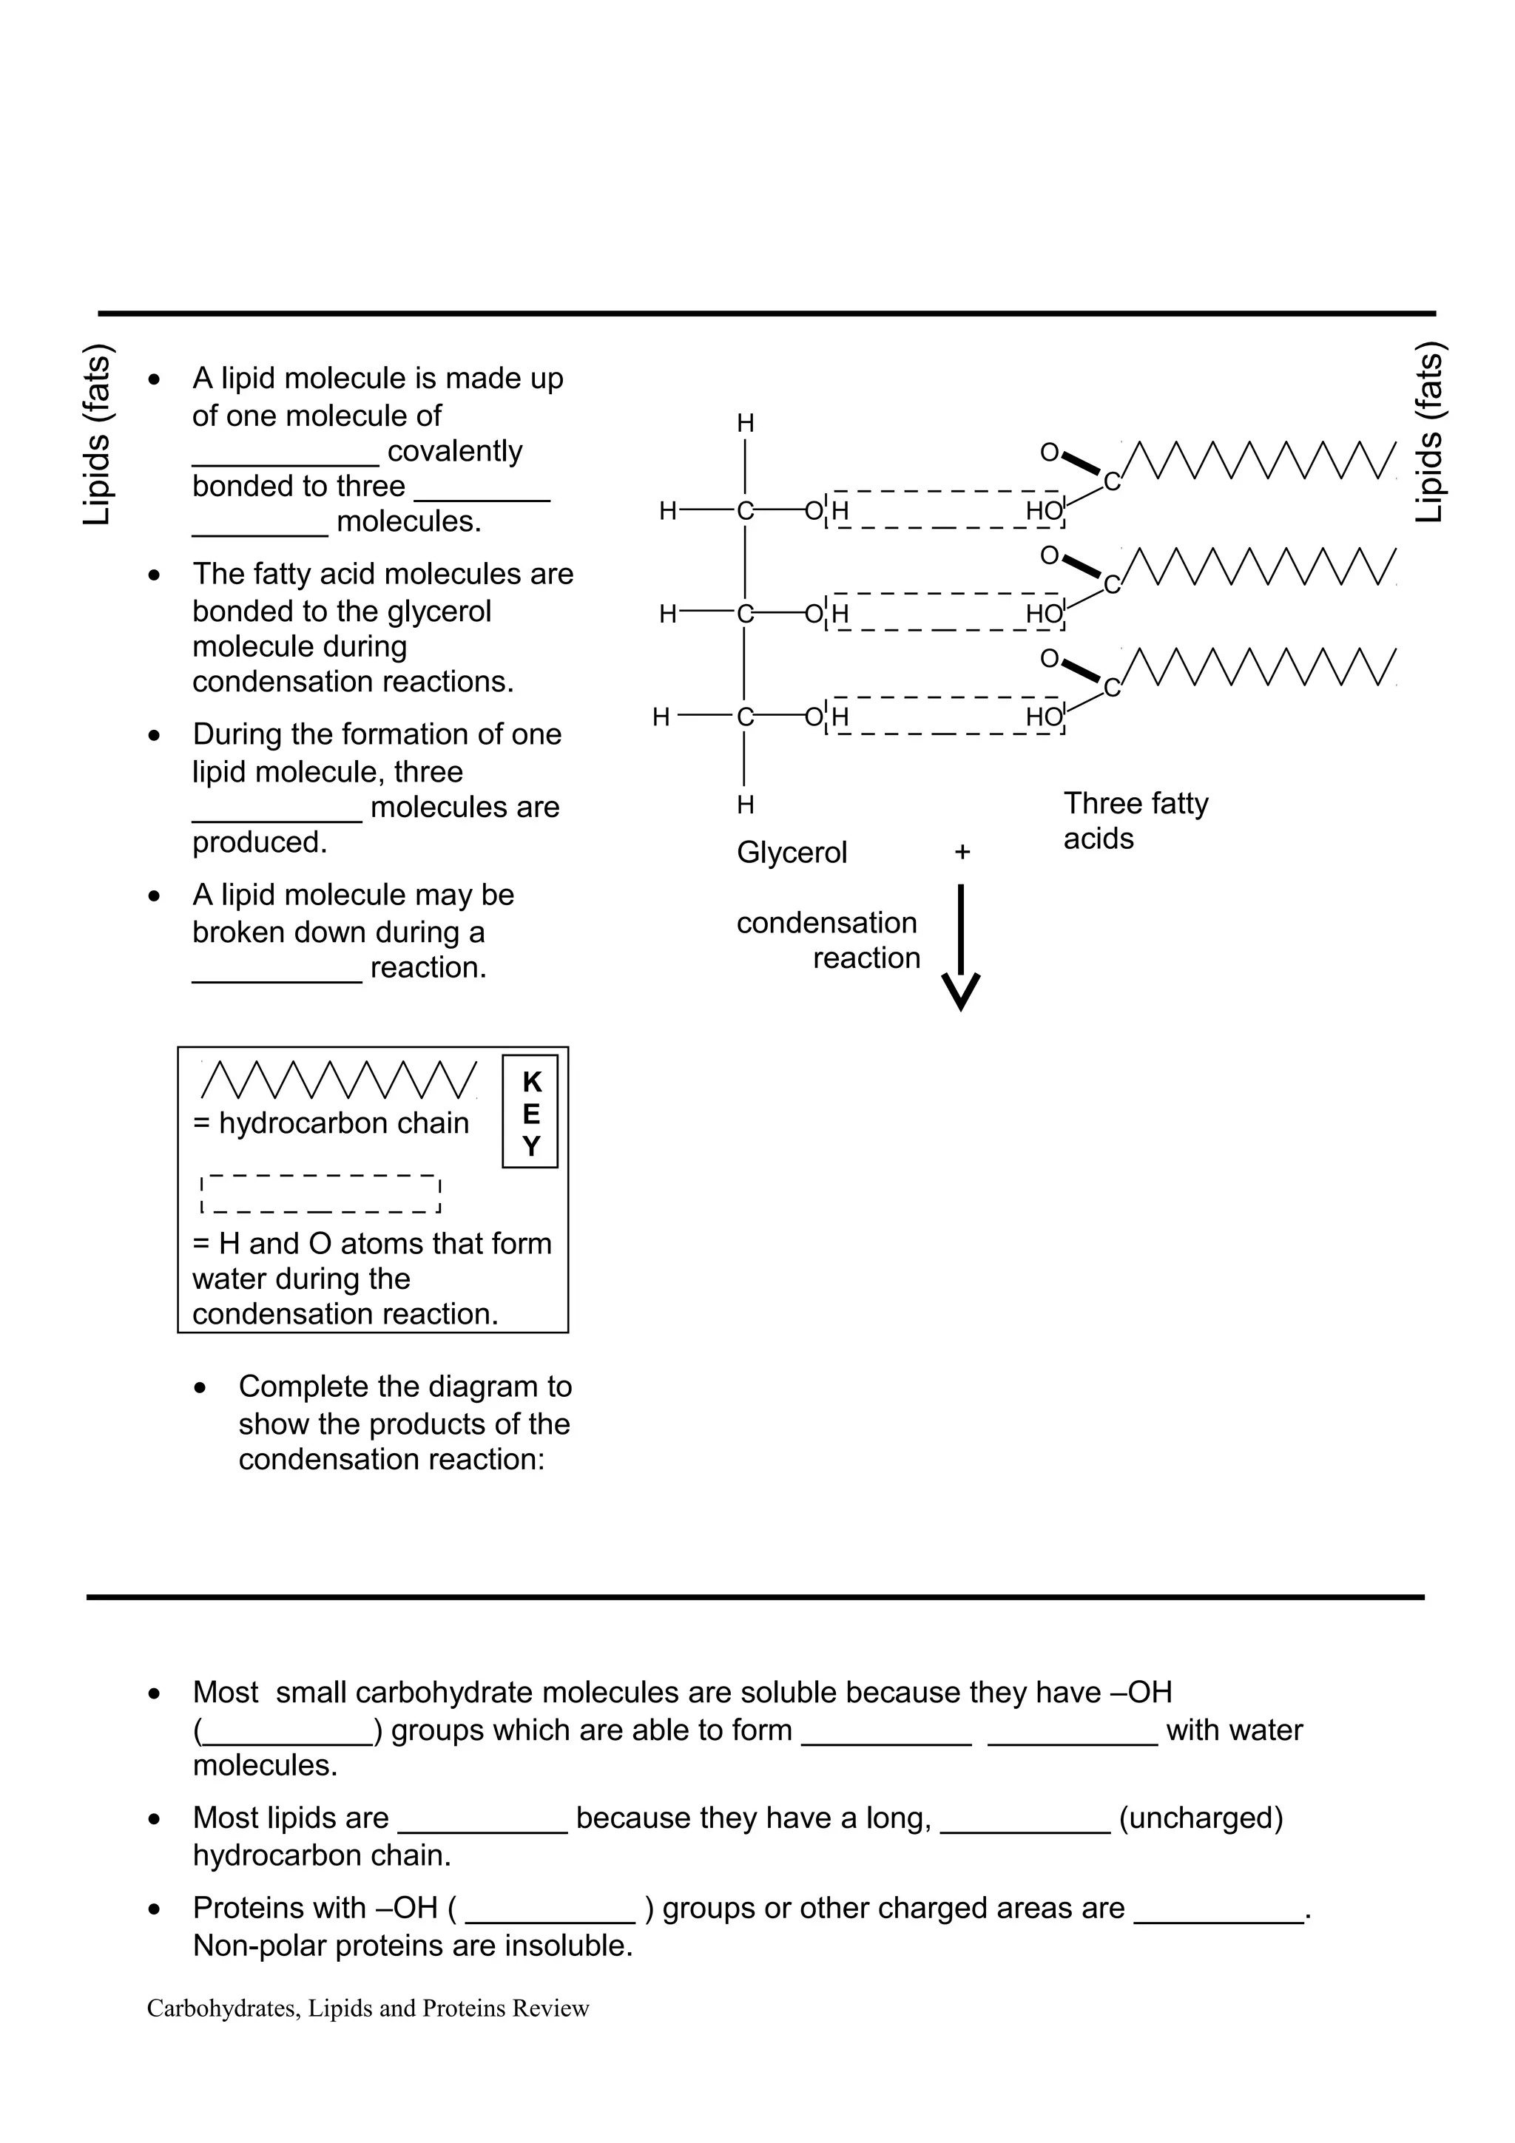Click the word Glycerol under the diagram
pos(792,852)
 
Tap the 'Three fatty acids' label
pos(1134,820)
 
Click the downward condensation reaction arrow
pos(960,947)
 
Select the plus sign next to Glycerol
pos(962,852)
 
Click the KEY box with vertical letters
pos(530,1111)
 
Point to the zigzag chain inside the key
pos(339,1079)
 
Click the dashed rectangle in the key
pos(320,1194)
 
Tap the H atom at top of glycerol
pos(745,424)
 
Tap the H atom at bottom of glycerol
pos(745,805)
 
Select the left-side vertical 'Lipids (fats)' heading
pos(97,435)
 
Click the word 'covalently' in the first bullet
pos(455,451)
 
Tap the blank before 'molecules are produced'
pos(277,808)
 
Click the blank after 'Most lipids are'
pos(482,1819)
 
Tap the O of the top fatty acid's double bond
pos(1049,453)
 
